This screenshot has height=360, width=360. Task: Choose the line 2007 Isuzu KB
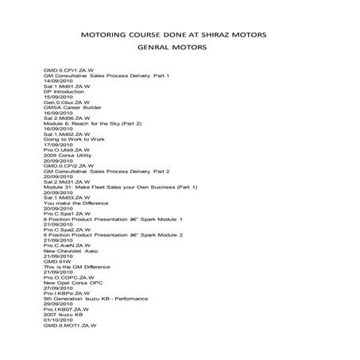pyautogui.click(x=63, y=314)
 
